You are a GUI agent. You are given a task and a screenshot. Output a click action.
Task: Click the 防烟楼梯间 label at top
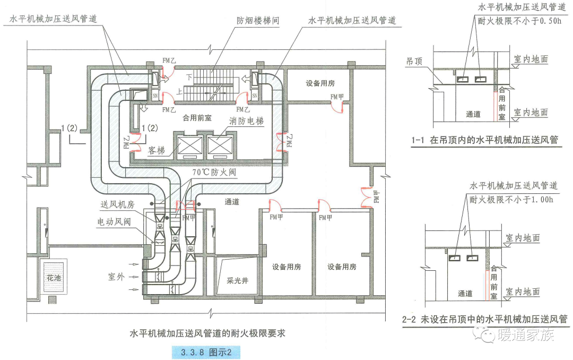coord(258,21)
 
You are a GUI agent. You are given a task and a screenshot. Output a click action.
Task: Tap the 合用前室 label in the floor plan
coord(197,118)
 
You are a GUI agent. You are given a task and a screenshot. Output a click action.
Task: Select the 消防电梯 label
coord(247,121)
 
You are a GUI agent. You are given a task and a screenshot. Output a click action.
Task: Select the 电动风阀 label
coord(114,221)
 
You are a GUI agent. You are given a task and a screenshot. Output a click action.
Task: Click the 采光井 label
coord(237,281)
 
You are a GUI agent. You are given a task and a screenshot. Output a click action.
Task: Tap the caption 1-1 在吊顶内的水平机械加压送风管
coord(485,140)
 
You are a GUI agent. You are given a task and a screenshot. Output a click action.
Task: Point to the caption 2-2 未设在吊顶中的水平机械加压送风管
coord(485,320)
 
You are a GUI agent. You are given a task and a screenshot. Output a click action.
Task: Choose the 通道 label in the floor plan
coord(231,202)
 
